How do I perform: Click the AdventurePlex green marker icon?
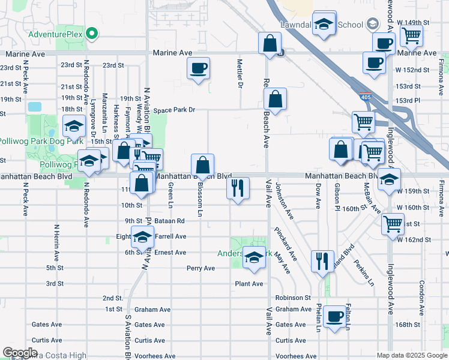(92, 34)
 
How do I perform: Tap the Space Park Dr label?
(175, 110)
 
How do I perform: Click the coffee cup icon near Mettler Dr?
(198, 68)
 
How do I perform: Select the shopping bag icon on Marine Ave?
(270, 43)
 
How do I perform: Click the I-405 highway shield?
(366, 96)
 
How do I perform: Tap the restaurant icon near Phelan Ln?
(322, 260)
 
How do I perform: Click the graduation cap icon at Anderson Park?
(254, 257)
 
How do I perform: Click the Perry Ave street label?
(200, 268)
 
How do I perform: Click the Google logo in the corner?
(20, 353)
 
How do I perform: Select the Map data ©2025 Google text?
(412, 355)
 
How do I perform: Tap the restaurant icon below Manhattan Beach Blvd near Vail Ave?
(238, 188)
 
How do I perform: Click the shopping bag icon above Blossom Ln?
(203, 164)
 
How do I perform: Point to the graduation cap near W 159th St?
(389, 178)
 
